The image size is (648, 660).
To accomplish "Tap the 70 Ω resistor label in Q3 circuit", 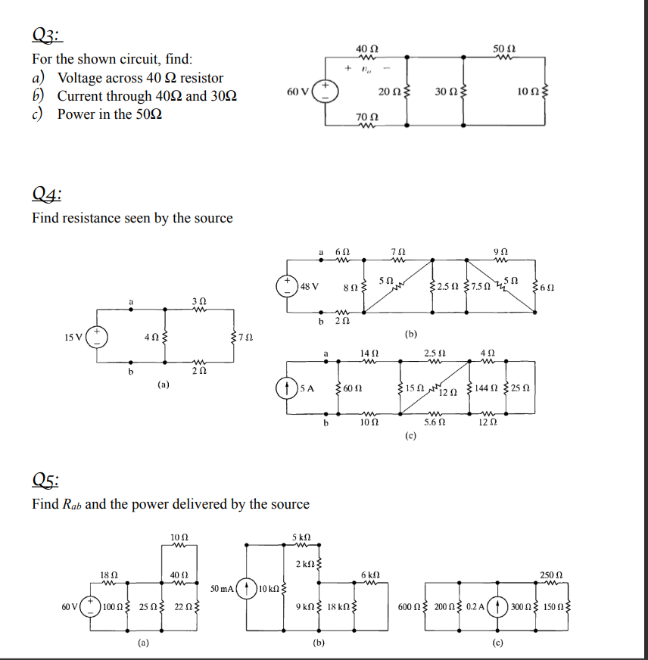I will [x=366, y=117].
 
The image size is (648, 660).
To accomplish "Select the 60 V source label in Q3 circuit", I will [x=298, y=92].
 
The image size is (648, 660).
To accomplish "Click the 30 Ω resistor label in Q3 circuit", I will [x=445, y=92].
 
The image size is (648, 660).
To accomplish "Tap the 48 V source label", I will [x=310, y=286].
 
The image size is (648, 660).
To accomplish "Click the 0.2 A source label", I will [x=477, y=606].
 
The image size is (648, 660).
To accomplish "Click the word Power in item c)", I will [x=76, y=114].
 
